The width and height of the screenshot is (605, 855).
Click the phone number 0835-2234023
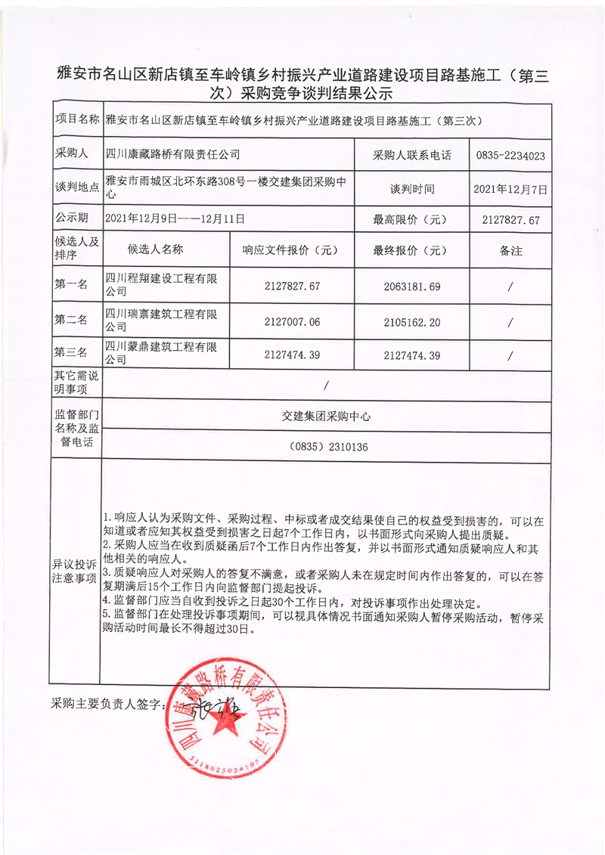click(510, 155)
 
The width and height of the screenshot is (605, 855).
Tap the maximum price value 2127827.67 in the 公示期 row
click(510, 220)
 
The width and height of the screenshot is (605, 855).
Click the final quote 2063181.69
click(411, 287)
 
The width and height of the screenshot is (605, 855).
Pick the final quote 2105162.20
click(411, 321)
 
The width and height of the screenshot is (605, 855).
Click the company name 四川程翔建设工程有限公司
click(165, 286)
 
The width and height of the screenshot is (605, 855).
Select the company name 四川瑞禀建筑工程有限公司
click(165, 321)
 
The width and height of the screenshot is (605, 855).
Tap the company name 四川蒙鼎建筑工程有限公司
click(165, 355)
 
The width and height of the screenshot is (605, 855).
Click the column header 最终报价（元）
click(411, 250)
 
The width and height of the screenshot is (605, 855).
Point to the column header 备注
click(510, 250)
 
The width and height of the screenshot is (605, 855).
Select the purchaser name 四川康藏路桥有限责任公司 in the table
click(173, 154)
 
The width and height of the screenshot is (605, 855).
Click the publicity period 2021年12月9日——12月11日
click(175, 219)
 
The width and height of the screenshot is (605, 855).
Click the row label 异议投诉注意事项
click(75, 572)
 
